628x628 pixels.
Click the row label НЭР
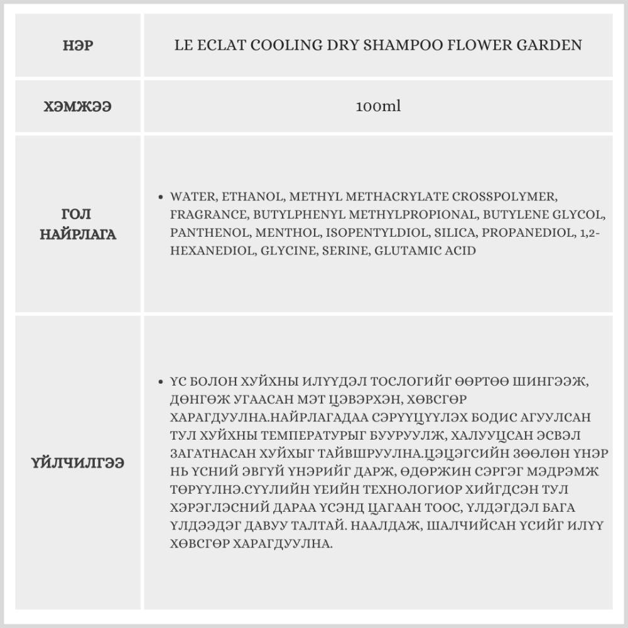tap(78, 46)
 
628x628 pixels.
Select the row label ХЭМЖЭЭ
tap(78, 107)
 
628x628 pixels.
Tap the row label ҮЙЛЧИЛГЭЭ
tap(78, 463)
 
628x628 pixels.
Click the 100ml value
tap(378, 107)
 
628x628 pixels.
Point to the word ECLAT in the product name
tap(222, 46)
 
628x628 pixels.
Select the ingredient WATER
tap(190, 196)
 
